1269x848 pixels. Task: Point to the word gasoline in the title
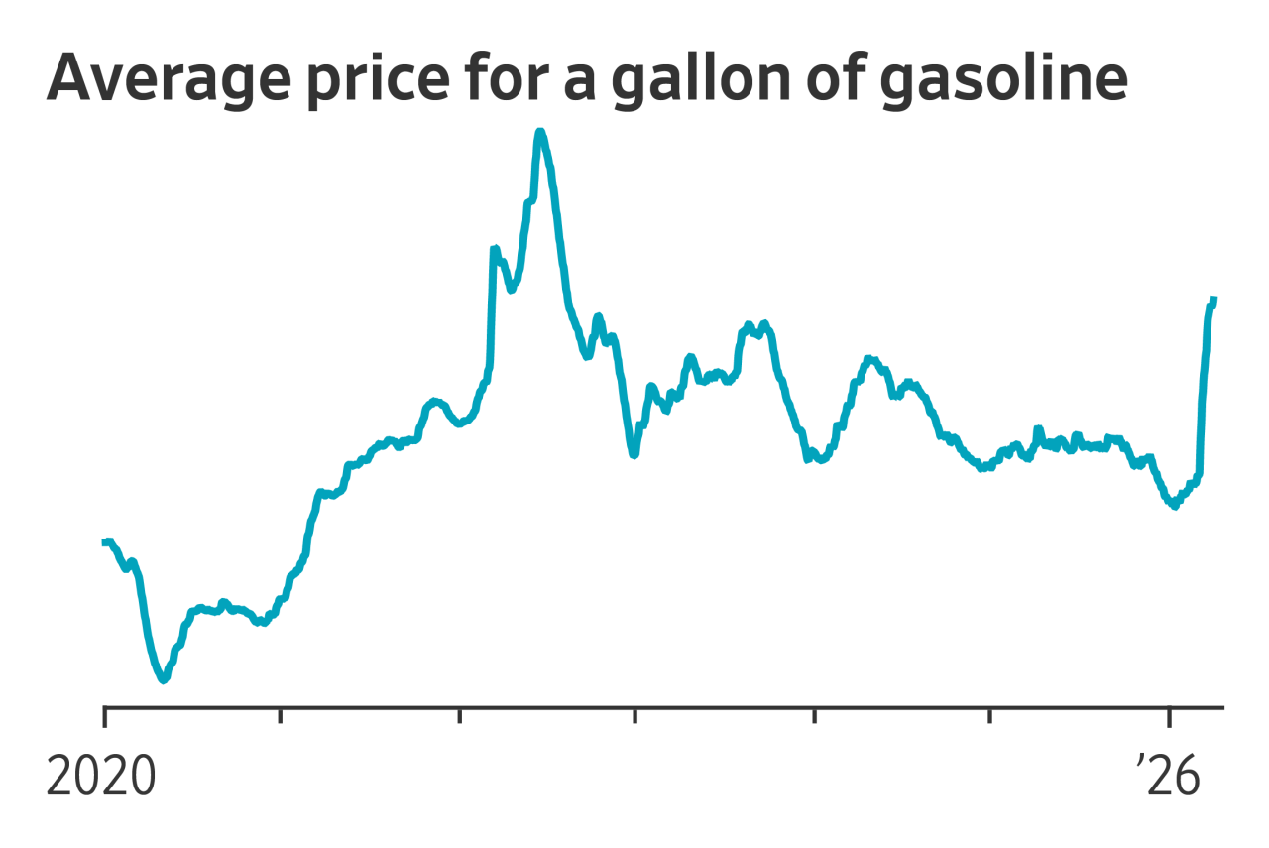(1002, 78)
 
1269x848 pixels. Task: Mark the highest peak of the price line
(539, 132)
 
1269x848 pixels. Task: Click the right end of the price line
(1214, 299)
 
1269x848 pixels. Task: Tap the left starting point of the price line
(104, 542)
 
